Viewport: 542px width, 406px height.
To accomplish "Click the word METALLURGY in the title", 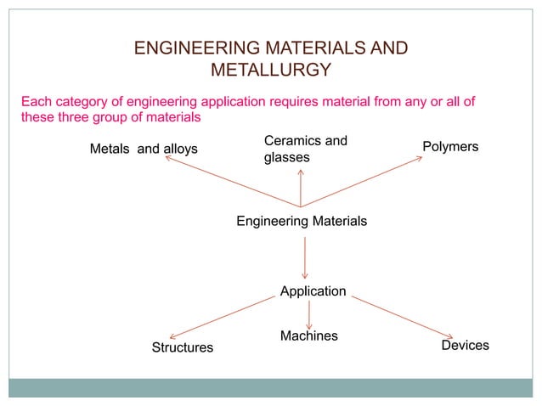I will coord(270,70).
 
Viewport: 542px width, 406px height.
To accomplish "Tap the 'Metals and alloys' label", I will coord(144,149).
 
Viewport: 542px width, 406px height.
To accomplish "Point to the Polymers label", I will coord(450,147).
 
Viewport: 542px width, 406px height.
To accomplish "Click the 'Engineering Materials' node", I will coord(302,221).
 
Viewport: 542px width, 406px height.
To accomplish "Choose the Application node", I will coord(313,291).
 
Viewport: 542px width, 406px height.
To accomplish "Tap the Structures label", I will coord(183,347).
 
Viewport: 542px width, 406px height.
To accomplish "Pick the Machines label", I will coord(308,336).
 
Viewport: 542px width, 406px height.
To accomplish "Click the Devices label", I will coord(465,345).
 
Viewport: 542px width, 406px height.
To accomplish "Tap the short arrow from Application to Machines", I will coord(308,312).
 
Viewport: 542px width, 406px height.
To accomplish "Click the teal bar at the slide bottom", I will coord(270,387).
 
